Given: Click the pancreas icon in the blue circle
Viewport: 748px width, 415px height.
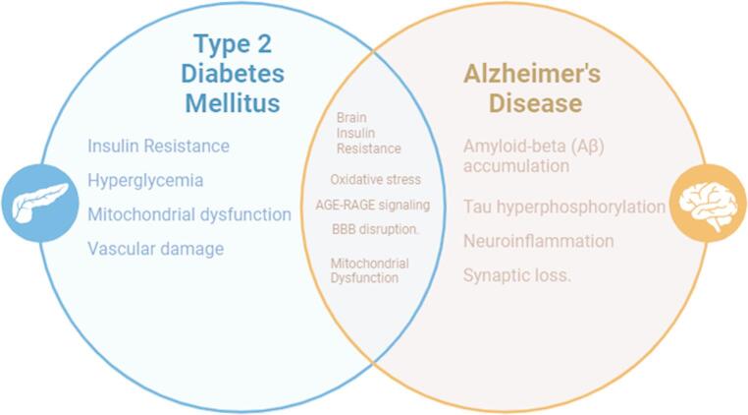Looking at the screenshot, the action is click(40, 204).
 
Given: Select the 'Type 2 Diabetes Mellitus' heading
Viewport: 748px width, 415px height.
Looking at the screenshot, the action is click(233, 74).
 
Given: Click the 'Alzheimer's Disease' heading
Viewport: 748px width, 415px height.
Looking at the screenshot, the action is click(532, 89).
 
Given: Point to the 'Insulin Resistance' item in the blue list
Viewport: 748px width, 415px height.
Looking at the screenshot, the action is click(158, 146).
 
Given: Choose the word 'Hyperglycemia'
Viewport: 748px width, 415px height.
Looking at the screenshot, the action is click(145, 180).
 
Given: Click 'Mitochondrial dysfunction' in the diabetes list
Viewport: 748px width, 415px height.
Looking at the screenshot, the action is click(189, 214).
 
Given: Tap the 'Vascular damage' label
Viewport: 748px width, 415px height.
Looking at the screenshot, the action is click(155, 249).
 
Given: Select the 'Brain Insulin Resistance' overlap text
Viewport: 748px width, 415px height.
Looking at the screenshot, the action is click(368, 133).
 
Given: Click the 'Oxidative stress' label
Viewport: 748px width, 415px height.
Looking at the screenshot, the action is click(375, 179).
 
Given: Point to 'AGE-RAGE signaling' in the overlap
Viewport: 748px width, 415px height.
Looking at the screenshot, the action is click(373, 206).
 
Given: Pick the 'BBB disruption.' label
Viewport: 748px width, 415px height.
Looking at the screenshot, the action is click(375, 229).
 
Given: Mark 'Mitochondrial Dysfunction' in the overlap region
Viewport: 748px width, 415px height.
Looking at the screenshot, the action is click(369, 270).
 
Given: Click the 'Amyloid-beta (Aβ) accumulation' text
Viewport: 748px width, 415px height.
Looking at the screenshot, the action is click(533, 155).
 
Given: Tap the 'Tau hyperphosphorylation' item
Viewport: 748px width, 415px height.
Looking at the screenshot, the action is click(564, 207).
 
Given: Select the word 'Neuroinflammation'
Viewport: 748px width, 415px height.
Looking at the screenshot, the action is click(539, 241).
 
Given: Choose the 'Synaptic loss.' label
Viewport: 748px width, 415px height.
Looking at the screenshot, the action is click(517, 275).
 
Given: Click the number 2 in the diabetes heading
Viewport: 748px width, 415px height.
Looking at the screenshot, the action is click(263, 44).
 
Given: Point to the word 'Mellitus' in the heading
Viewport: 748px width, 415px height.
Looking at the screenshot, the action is click(233, 103).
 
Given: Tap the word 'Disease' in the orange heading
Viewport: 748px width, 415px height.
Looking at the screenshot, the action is click(535, 103).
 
